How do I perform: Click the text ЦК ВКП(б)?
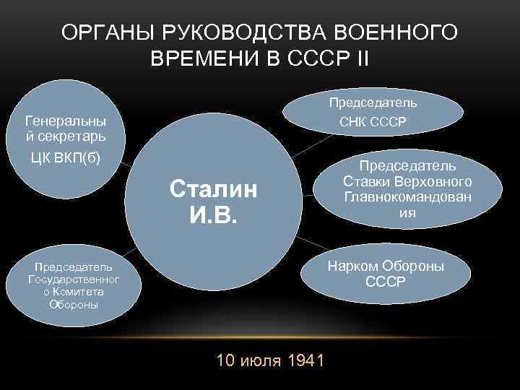click(65, 159)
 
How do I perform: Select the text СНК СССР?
click(373, 121)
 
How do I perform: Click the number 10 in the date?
click(225, 360)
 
